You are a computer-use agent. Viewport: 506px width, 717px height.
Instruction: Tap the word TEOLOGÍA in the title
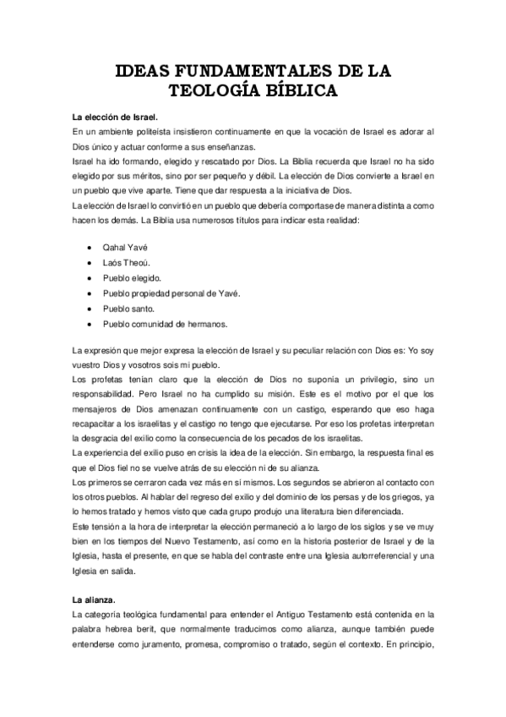[x=215, y=90]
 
